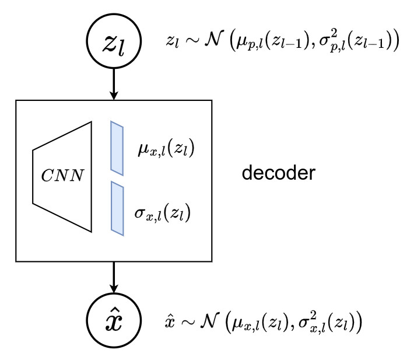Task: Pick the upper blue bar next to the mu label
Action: [117, 149]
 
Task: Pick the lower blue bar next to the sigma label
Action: [117, 208]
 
